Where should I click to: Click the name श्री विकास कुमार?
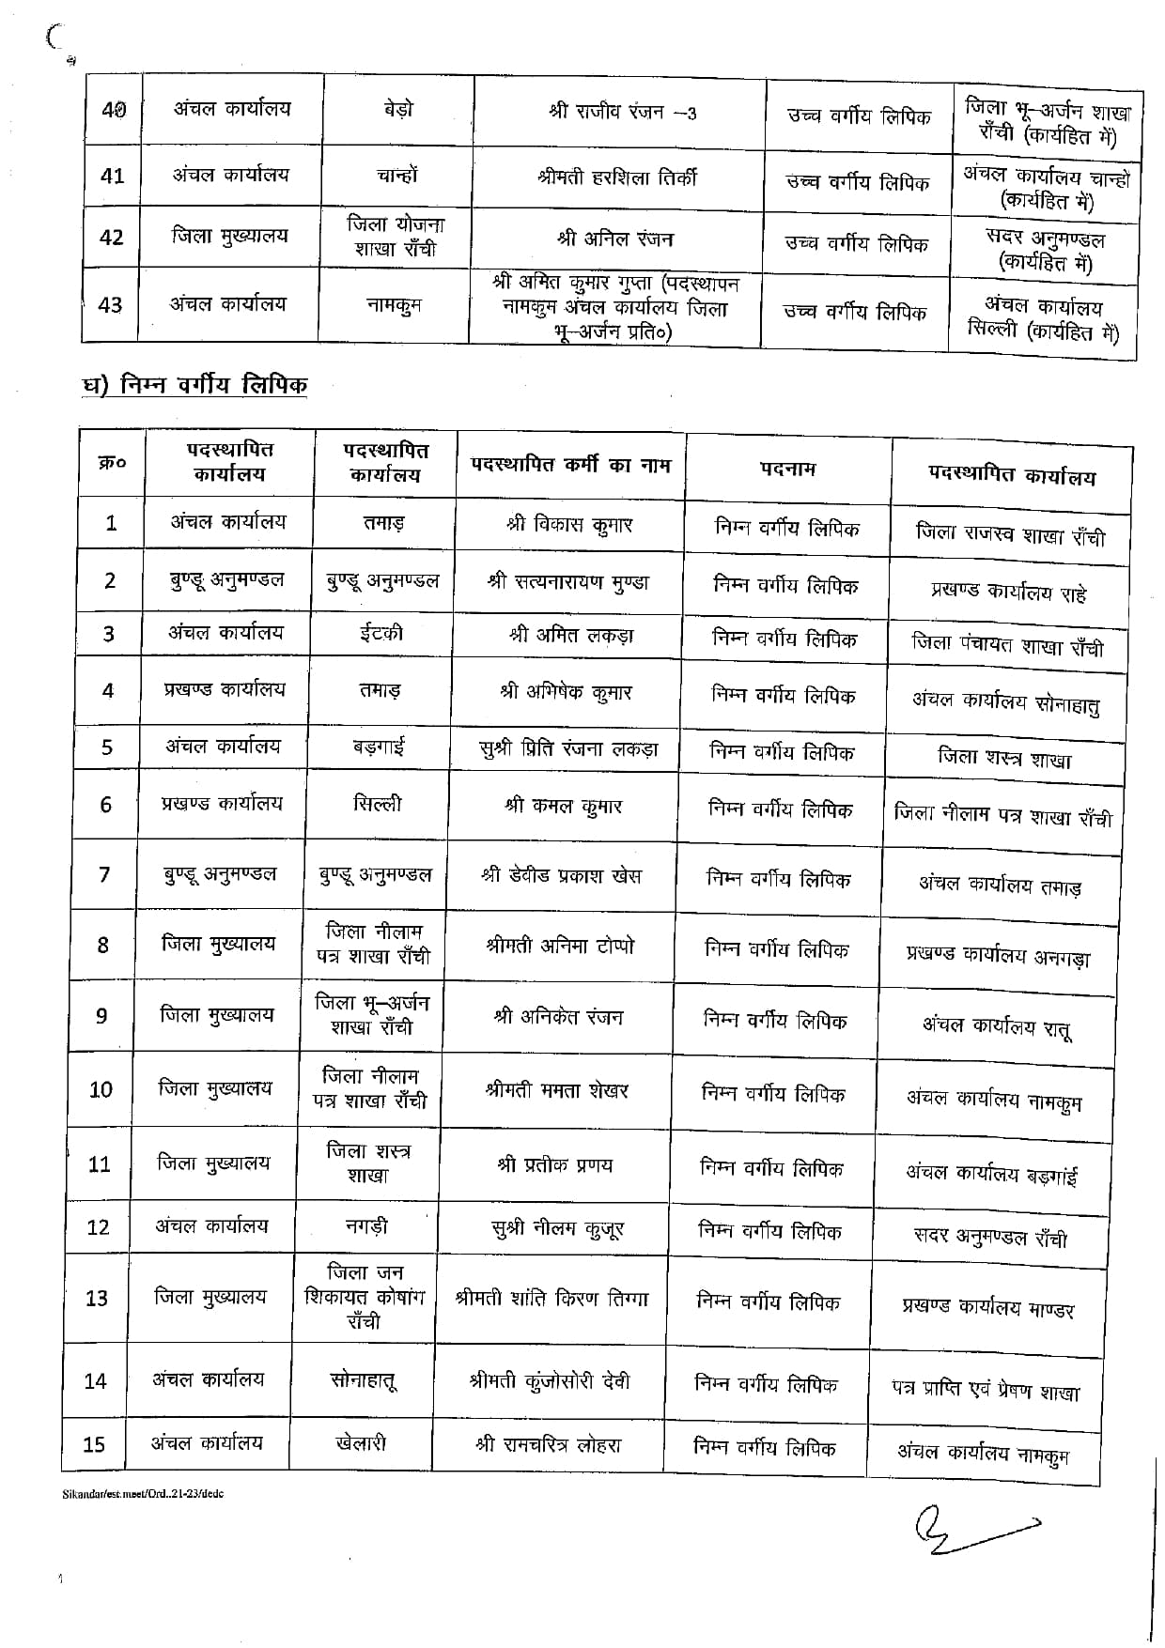[x=568, y=526]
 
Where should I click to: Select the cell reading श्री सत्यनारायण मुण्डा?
[x=567, y=582]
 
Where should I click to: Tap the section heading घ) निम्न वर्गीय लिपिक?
[x=194, y=384]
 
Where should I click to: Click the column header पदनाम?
[x=787, y=469]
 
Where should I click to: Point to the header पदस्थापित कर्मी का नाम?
[x=570, y=464]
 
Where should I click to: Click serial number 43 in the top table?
[x=110, y=305]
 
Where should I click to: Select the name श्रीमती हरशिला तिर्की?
[x=617, y=177]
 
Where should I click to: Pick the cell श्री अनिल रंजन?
[x=615, y=239]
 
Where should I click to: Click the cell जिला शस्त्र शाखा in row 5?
[x=1004, y=758]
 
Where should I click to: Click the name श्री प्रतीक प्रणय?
[x=554, y=1164]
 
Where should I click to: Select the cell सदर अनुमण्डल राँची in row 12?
[x=990, y=1237]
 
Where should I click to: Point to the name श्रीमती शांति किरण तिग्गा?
[x=551, y=1300]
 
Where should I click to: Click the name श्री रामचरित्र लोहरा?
[x=549, y=1445]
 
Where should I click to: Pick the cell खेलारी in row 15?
[x=361, y=1443]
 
